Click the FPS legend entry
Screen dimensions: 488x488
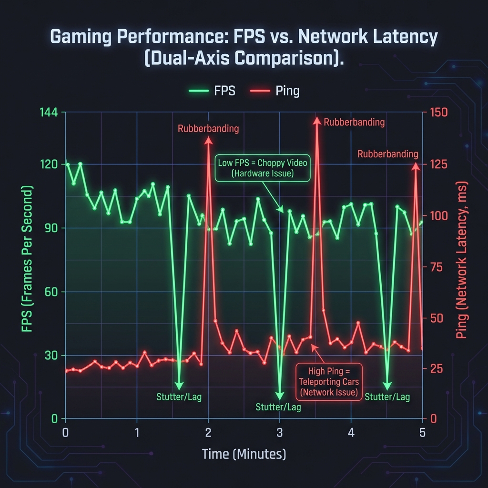[x=212, y=91]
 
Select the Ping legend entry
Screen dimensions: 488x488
[x=275, y=91]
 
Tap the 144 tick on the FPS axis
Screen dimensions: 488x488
[x=49, y=113]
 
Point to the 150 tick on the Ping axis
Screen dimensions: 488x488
[x=439, y=113]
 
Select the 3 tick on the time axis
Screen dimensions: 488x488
[x=280, y=433]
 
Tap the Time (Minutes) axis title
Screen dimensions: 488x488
[x=244, y=454]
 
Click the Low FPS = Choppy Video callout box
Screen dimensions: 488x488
[x=262, y=168]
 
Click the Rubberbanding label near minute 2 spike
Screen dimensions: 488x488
[x=208, y=128]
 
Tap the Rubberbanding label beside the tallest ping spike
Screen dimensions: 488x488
[x=354, y=122]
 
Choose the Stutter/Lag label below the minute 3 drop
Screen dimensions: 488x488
[x=278, y=407]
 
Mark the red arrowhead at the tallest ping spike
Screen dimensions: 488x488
[x=316, y=120]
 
